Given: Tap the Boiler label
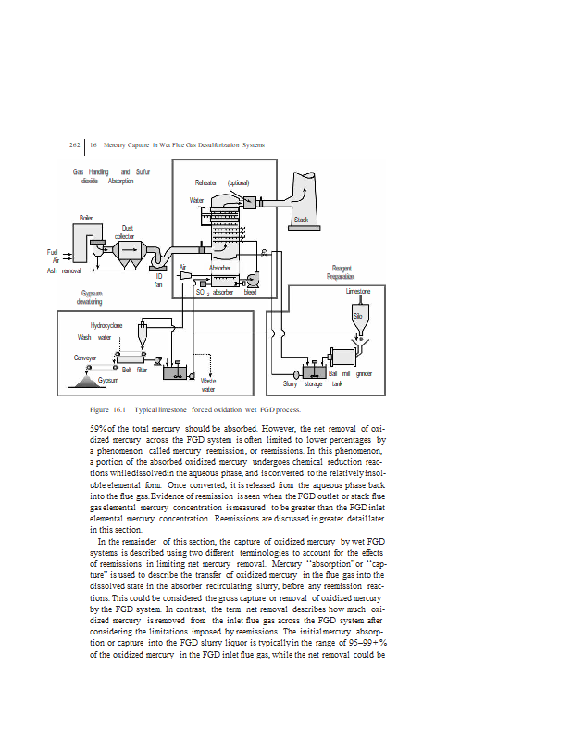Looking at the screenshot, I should tap(85, 217).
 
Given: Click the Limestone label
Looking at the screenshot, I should tap(358, 291).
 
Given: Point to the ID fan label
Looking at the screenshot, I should tap(158, 279).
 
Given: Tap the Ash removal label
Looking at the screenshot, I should tap(64, 270).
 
